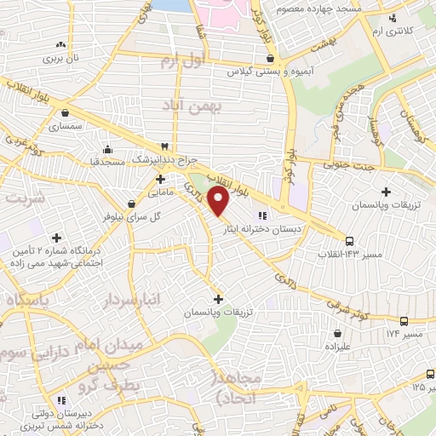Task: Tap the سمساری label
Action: click(65, 125)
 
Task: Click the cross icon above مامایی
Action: click(161, 180)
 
